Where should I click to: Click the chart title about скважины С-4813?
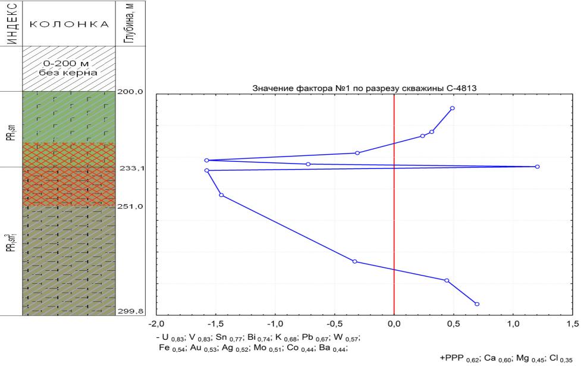point(364,88)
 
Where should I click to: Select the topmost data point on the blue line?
point(452,108)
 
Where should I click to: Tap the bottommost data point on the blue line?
point(477,304)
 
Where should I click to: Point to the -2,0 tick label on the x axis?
point(156,324)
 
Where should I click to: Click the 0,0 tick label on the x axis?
point(394,324)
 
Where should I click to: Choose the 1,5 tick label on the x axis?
point(573,324)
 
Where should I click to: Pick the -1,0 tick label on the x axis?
point(275,324)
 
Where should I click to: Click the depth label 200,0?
point(130,92)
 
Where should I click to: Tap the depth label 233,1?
point(132,168)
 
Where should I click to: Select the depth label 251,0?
point(130,207)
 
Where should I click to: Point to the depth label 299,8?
point(131,311)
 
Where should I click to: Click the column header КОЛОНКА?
point(69,24)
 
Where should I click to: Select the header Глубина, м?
point(130,23)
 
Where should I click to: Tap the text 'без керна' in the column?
point(68,73)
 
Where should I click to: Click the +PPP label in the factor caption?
point(451,358)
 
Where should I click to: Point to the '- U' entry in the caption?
point(162,337)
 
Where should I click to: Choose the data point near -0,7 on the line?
point(308,164)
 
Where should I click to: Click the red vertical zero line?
point(394,205)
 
